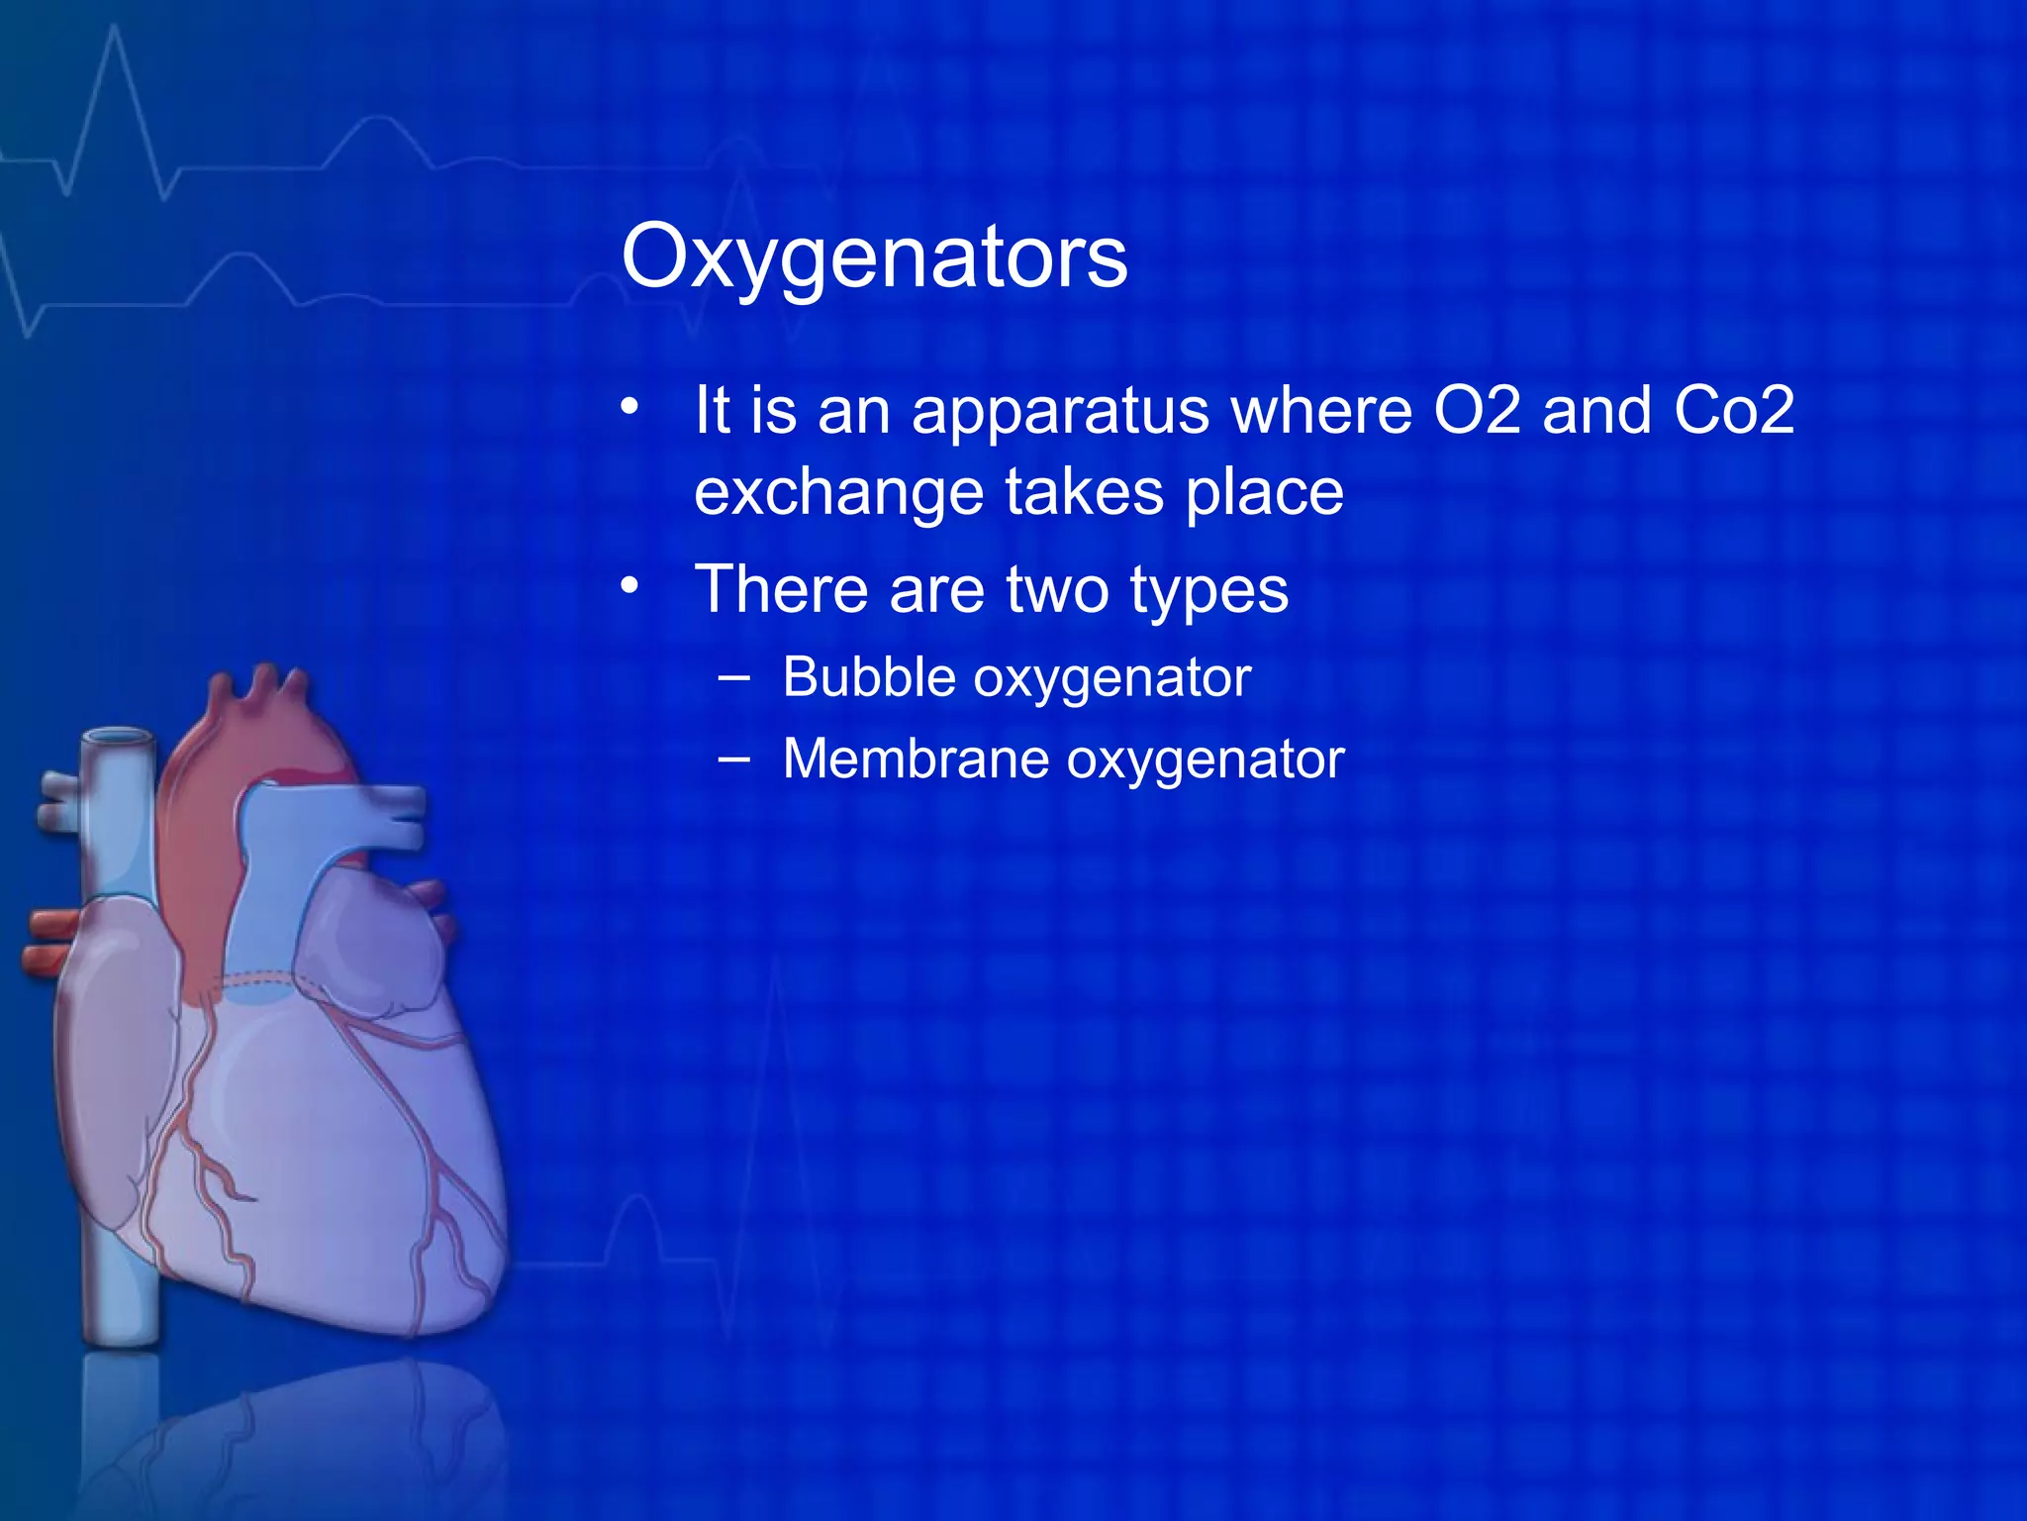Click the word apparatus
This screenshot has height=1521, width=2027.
click(1060, 412)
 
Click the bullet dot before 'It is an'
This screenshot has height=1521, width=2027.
click(630, 407)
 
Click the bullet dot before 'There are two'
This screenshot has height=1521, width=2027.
click(630, 586)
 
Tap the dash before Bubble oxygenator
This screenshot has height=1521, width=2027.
click(734, 679)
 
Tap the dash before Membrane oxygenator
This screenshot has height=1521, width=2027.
click(734, 760)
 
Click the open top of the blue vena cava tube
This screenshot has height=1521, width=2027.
click(118, 738)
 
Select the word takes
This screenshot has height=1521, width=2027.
click(1084, 493)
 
